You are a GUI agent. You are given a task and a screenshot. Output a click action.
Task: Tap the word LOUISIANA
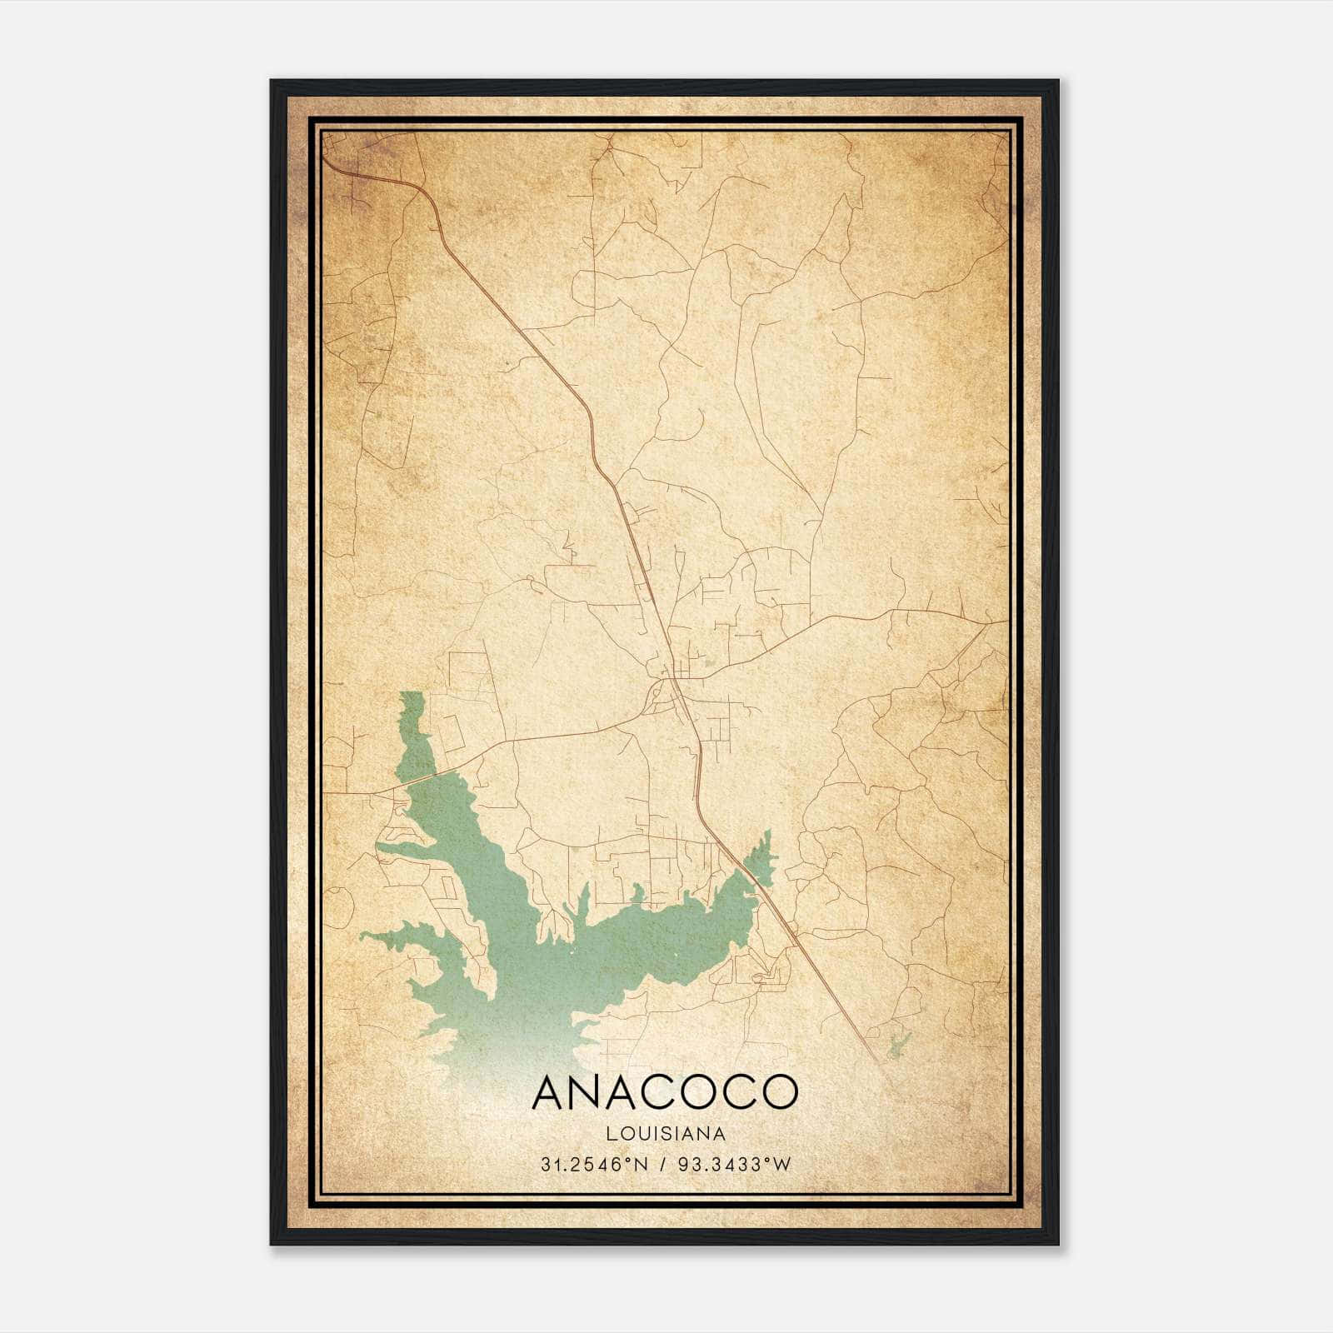coord(666,1134)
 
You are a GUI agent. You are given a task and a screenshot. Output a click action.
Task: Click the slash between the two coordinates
coord(664,1165)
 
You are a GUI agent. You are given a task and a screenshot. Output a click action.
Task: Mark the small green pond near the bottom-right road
coord(898,1045)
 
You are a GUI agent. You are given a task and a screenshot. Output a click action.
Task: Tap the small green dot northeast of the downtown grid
coord(709,664)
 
